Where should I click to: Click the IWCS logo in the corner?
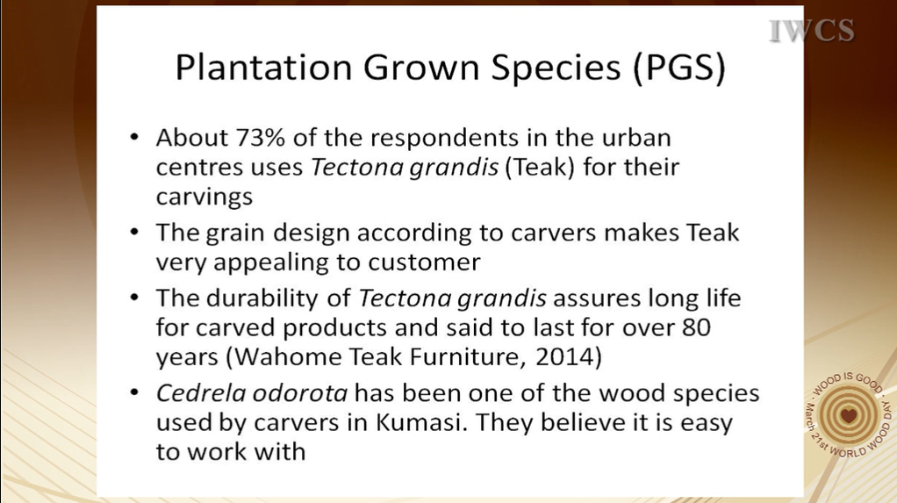point(812,31)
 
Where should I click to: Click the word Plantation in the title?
point(263,67)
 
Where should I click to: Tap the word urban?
point(636,137)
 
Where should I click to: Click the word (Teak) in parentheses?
point(540,167)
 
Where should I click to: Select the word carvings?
point(205,198)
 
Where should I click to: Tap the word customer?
point(425,262)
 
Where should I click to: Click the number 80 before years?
point(696,328)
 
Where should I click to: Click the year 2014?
point(564,357)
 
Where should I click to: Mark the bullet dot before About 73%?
point(134,137)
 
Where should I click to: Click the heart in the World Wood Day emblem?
point(849,415)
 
